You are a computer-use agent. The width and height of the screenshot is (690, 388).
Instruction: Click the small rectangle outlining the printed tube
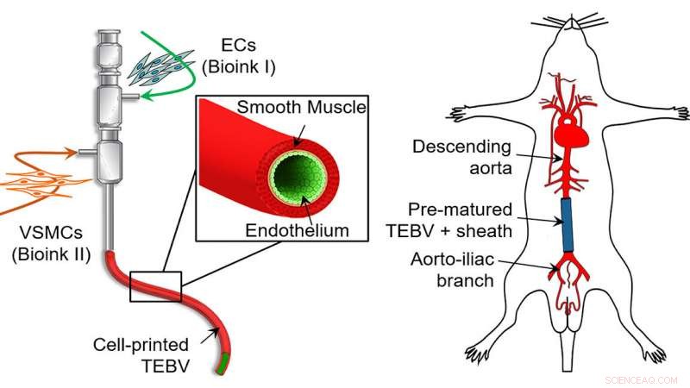pyautogui.click(x=155, y=285)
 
